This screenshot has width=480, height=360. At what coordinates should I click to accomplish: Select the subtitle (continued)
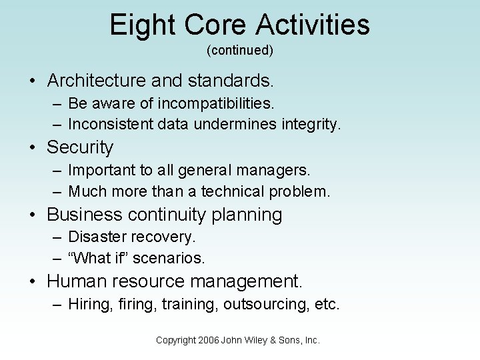[240, 50]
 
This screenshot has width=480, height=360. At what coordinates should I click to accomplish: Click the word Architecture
[99, 81]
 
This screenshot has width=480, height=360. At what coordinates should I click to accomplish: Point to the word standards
[231, 81]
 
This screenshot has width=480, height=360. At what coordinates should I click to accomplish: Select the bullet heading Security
[80, 147]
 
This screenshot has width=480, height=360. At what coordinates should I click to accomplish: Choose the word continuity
[169, 215]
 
